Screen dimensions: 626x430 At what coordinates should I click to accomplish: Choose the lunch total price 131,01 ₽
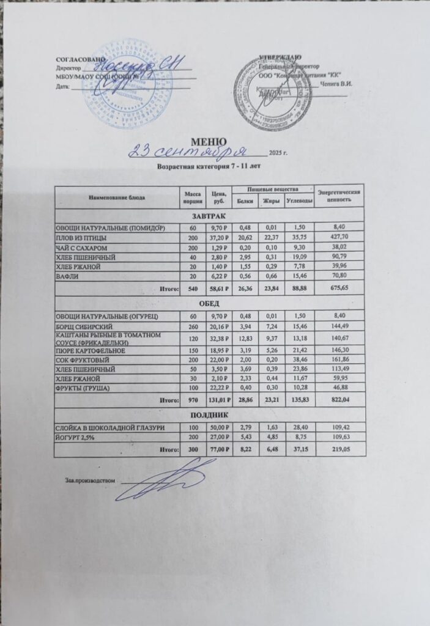coord(216,399)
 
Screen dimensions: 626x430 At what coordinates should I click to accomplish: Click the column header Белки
coord(245,201)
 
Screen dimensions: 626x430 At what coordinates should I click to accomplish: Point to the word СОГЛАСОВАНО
coord(76,59)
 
